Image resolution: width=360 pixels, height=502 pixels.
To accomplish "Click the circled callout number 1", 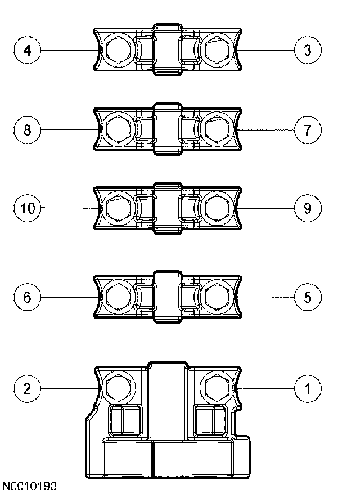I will [308, 388].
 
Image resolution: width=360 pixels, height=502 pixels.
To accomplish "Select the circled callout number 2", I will [27, 388].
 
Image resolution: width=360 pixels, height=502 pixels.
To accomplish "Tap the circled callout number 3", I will [308, 51].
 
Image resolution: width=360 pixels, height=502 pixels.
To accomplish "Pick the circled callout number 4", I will [27, 51].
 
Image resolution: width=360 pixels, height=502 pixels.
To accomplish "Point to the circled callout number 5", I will [308, 297].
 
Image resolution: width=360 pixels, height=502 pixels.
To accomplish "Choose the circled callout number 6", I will [27, 297].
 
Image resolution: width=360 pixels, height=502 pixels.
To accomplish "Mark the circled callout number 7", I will [308, 131].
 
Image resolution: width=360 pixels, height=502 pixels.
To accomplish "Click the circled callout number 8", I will [27, 131].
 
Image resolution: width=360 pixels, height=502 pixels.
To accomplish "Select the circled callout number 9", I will [308, 208].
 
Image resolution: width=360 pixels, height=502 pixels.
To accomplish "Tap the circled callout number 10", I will [27, 208].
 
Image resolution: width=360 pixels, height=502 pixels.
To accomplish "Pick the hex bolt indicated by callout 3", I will [217, 52].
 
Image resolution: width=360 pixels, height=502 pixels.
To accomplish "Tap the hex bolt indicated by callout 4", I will [119, 52].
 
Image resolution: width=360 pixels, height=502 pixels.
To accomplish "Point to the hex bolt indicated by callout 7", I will [217, 131].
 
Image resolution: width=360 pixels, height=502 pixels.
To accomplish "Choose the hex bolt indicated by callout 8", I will [119, 131].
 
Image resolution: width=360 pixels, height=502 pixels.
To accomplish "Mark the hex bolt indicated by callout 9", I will [217, 208].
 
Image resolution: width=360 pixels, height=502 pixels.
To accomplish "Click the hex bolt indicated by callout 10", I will [119, 208].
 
